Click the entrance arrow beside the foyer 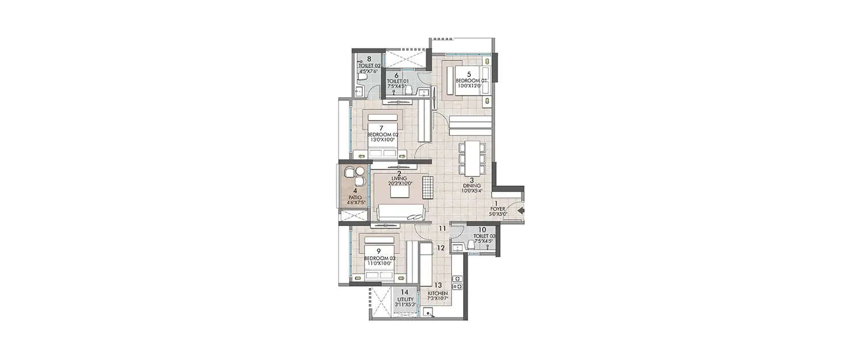point(520,211)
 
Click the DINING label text point(471,185)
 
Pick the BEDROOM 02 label point(382,134)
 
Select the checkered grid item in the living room point(427,185)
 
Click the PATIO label point(355,197)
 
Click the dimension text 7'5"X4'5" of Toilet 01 point(397,87)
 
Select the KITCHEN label point(438,293)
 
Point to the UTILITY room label point(405,300)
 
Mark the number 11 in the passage point(442,229)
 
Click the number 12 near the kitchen point(441,248)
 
